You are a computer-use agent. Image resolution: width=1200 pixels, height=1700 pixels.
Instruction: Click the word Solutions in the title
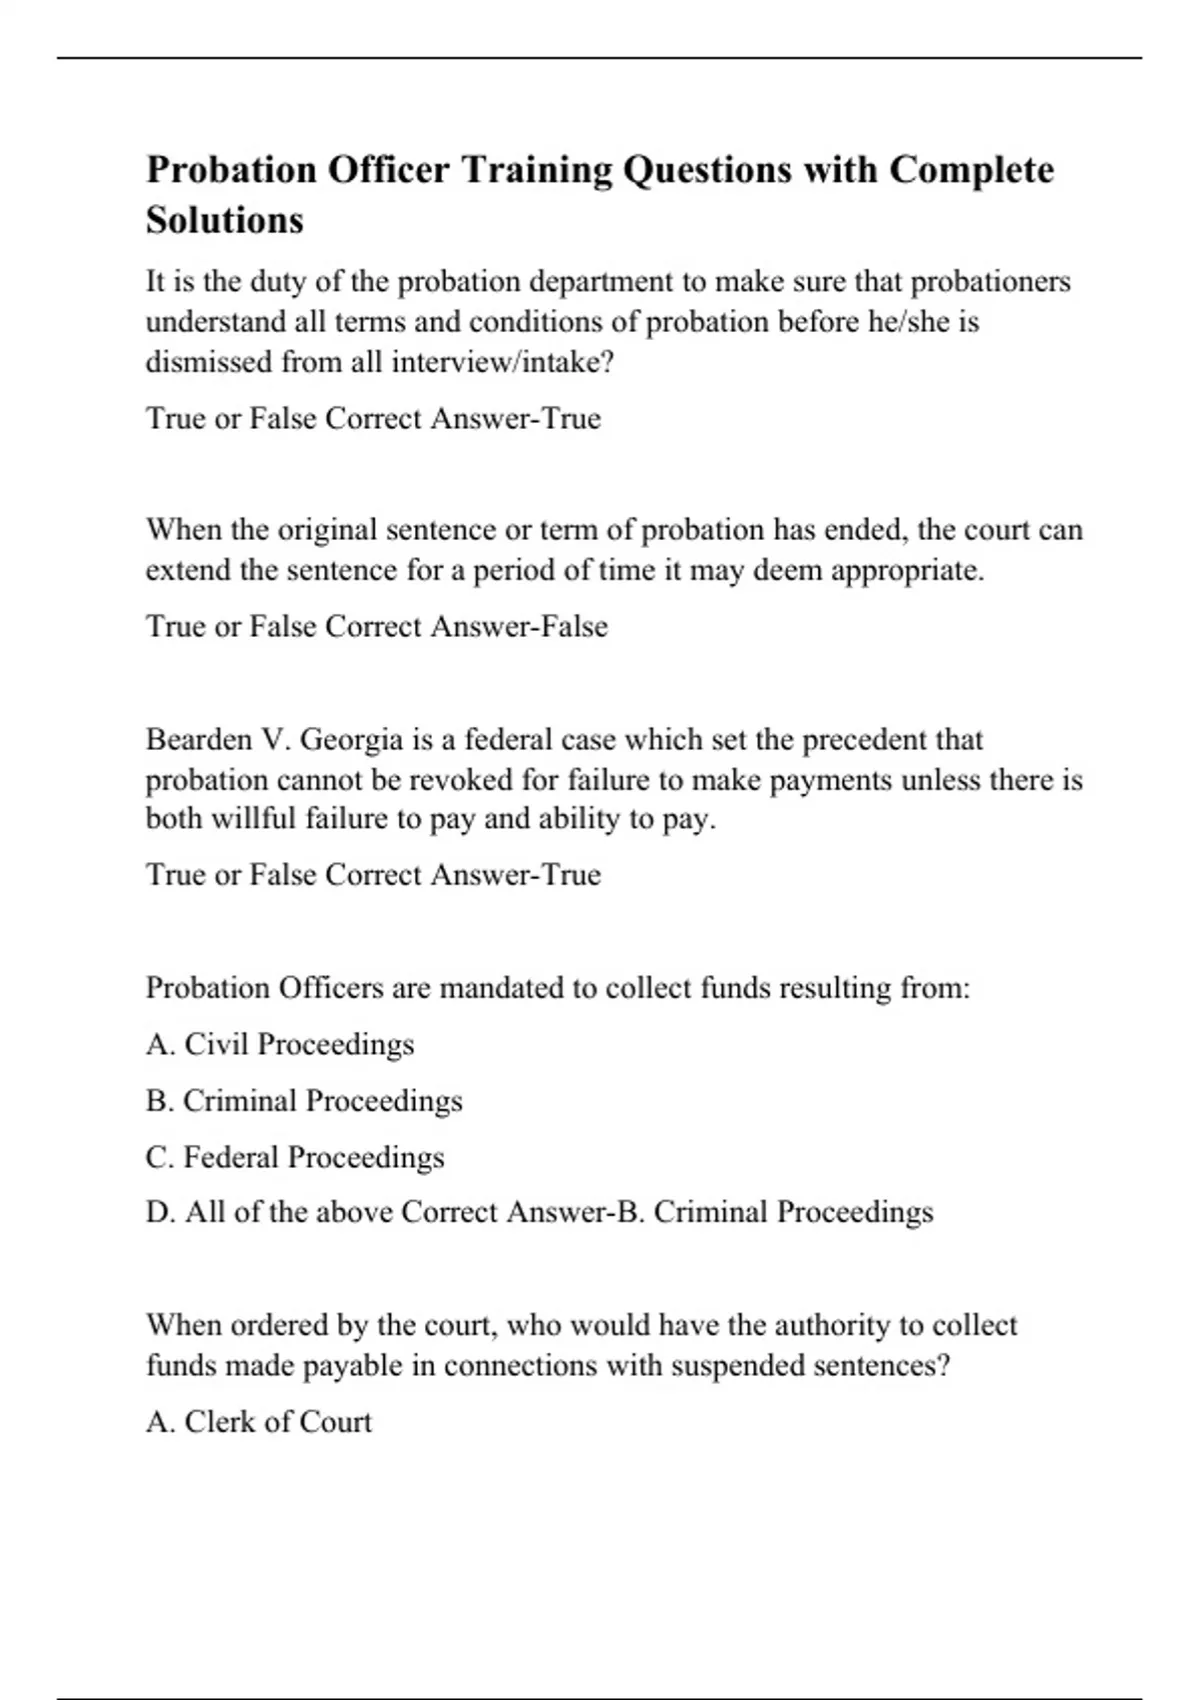[x=224, y=220]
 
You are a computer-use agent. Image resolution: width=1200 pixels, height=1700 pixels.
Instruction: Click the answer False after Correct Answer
[x=574, y=627]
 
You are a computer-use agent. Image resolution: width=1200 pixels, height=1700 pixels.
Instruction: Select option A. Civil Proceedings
[x=280, y=1045]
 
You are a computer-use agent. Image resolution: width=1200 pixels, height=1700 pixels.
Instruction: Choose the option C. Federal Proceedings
[x=295, y=1157]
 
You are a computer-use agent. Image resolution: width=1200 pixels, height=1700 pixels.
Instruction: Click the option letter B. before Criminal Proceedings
[x=160, y=1101]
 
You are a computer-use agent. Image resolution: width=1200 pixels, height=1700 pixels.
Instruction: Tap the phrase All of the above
[x=288, y=1212]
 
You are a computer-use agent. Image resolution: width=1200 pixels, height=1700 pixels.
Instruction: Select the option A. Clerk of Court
[x=259, y=1422]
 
